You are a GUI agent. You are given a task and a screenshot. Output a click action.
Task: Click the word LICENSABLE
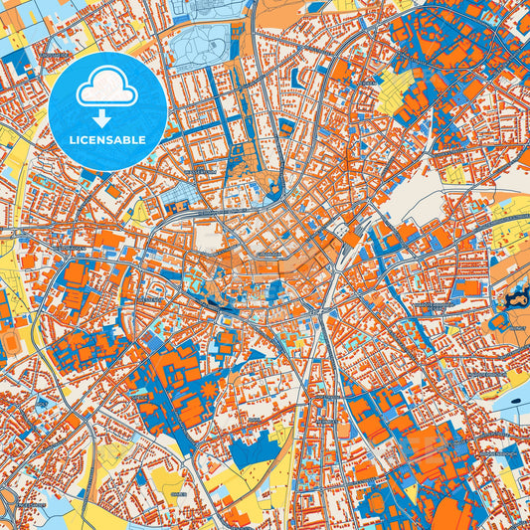(x=106, y=139)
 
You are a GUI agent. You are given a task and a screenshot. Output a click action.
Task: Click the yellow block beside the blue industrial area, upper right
(x=396, y=90)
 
